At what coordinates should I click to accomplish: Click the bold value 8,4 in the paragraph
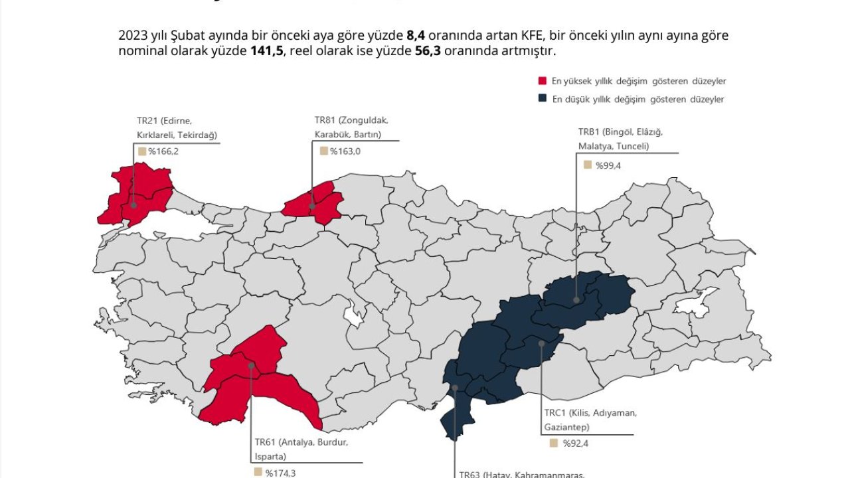(x=415, y=36)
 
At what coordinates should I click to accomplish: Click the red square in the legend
(x=542, y=81)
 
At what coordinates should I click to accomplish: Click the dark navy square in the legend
(x=542, y=99)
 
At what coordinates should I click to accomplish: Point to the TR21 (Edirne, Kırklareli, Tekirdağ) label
(x=177, y=127)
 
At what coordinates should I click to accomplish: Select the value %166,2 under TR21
(x=163, y=151)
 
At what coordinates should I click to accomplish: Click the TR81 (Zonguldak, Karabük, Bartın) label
(x=351, y=127)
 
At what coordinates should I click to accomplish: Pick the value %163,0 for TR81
(x=345, y=151)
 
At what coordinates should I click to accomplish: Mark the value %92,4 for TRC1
(x=575, y=443)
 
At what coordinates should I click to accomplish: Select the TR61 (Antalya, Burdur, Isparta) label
(x=300, y=449)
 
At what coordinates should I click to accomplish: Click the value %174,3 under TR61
(x=280, y=473)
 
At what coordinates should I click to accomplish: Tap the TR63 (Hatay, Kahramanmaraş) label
(x=521, y=474)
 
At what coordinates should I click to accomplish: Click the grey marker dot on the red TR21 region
(x=134, y=205)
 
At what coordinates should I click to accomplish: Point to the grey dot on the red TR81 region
(x=312, y=206)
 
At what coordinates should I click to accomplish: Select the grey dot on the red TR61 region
(x=251, y=365)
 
